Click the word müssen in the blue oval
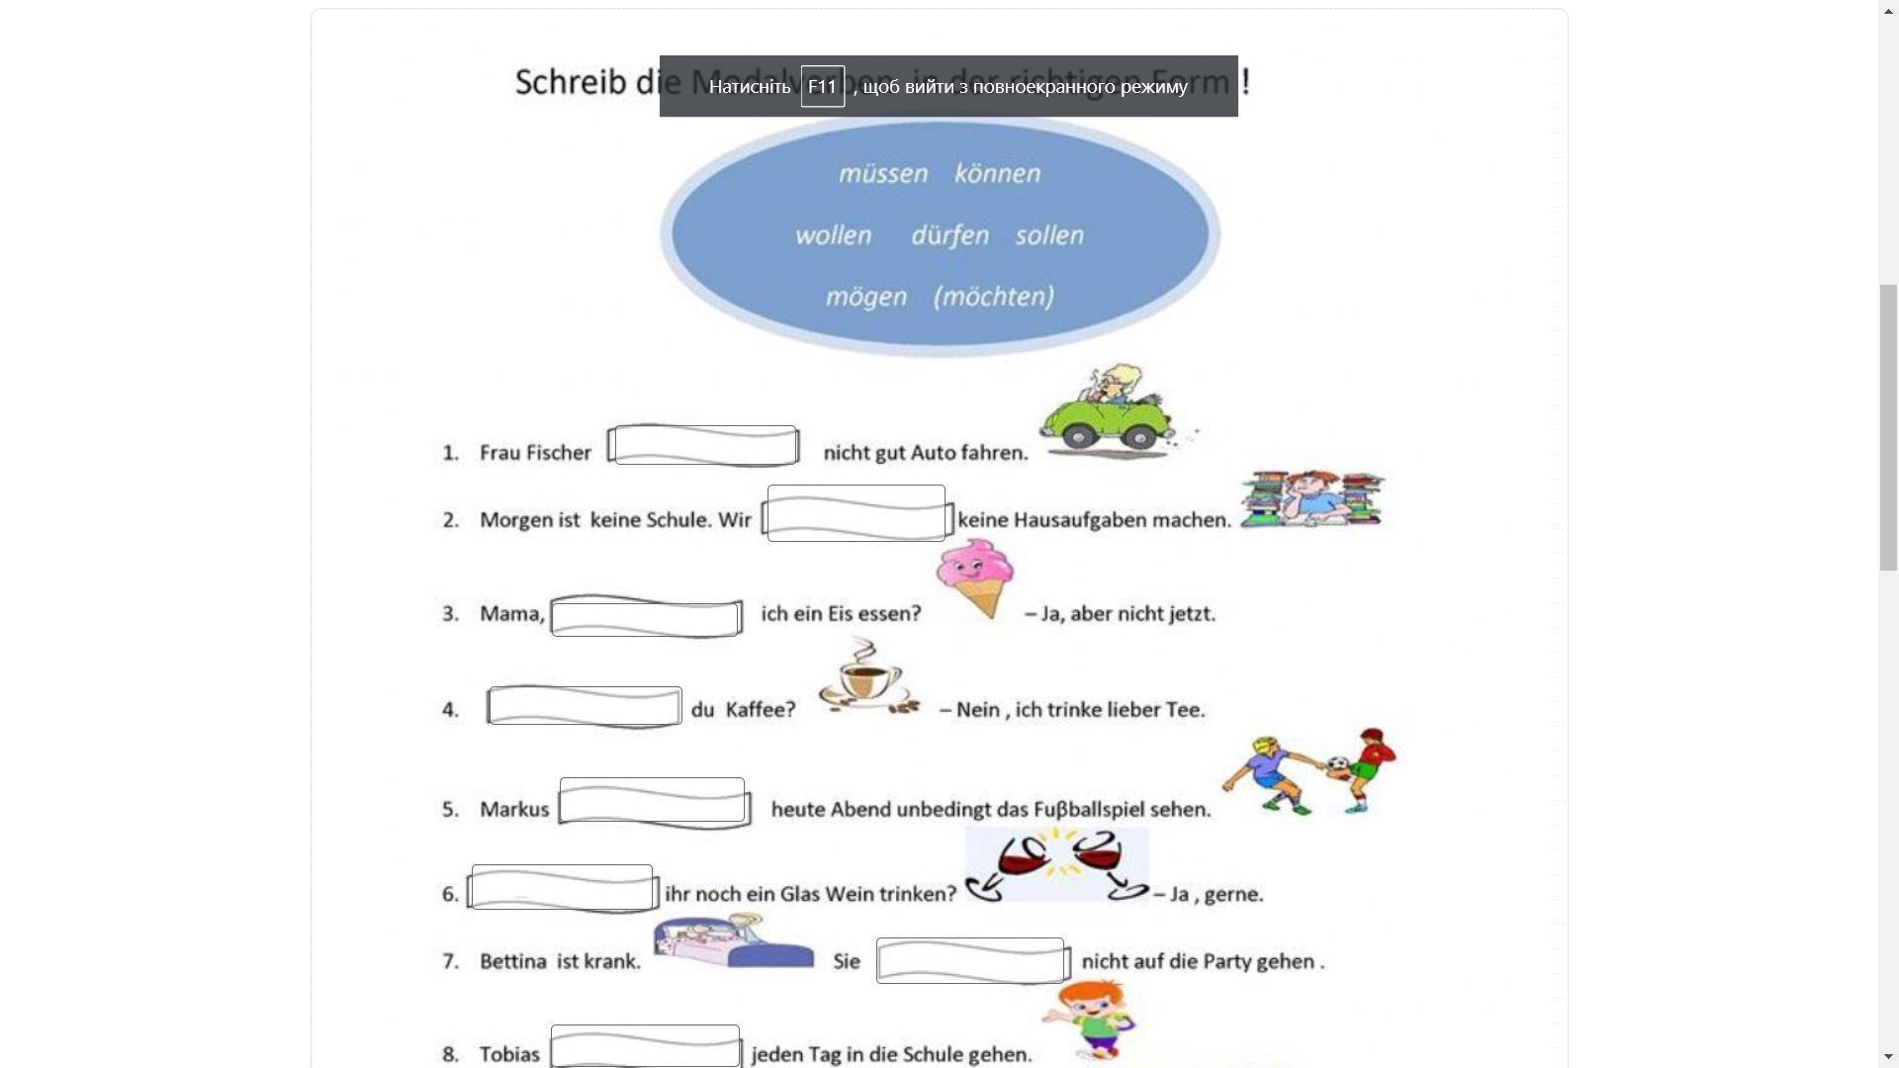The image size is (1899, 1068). (x=883, y=174)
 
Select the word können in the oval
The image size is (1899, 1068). (x=997, y=174)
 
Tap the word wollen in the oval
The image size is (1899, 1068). (x=833, y=235)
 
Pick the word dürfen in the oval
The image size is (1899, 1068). (x=949, y=235)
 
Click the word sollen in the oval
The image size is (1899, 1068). (x=1049, y=235)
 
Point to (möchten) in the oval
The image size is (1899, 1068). (x=994, y=297)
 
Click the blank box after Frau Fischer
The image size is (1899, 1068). (x=704, y=445)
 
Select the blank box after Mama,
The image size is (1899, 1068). (x=646, y=617)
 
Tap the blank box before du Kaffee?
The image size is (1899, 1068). (x=585, y=706)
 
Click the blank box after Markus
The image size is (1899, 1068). (x=653, y=802)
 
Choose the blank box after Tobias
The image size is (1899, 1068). (x=645, y=1046)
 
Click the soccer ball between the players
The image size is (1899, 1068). (x=1338, y=763)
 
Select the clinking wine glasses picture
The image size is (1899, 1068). (x=1056, y=864)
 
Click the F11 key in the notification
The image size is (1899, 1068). (x=822, y=87)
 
